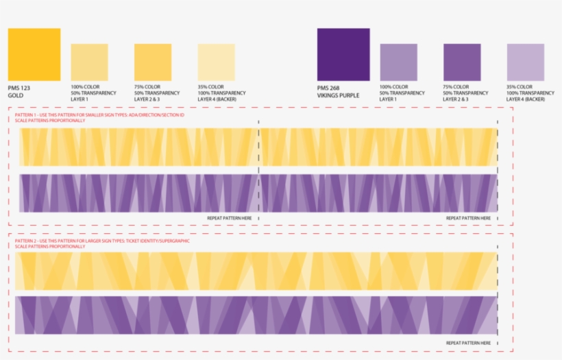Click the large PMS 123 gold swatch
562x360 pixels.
34,54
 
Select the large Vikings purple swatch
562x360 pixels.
343,54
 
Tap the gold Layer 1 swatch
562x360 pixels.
89,62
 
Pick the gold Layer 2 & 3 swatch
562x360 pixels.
153,62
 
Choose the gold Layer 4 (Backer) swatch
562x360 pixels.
217,62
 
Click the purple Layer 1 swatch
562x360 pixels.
398,62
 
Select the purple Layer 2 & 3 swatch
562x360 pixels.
462,62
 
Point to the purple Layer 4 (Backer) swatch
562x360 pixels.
526,62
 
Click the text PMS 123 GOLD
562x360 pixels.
19,92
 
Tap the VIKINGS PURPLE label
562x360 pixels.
338,95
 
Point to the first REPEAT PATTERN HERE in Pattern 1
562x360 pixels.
230,218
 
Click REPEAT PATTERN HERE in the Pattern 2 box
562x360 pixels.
469,343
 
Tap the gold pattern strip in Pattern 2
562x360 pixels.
257,271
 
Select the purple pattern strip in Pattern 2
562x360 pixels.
257,315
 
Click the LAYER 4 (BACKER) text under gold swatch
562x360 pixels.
218,99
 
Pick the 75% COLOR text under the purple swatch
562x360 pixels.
456,87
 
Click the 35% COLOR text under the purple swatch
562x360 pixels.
520,87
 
